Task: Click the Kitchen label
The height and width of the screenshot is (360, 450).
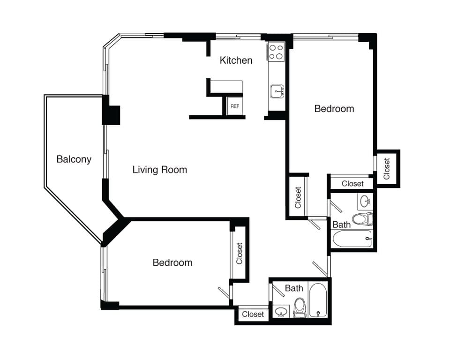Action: tap(236, 60)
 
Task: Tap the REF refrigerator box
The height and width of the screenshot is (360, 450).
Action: tap(235, 106)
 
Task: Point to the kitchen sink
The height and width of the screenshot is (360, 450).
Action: tap(277, 91)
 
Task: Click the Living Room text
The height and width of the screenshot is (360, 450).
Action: tap(159, 170)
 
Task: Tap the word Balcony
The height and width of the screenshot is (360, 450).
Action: tap(74, 159)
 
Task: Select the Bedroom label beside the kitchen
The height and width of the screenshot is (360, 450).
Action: tap(334, 109)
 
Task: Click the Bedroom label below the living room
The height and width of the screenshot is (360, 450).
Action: tap(172, 262)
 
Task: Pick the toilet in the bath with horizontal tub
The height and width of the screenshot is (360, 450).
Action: tap(362, 219)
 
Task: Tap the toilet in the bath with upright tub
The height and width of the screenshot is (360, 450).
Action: tap(300, 309)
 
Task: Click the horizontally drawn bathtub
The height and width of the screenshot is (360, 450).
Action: tap(352, 239)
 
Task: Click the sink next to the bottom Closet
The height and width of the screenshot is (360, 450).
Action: tap(281, 311)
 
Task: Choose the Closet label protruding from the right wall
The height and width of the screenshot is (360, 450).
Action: tap(387, 169)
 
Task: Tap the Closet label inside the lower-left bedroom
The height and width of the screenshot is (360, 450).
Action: tap(240, 253)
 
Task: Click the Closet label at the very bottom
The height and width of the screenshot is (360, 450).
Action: tap(253, 315)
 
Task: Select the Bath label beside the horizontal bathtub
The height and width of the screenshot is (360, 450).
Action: tap(341, 225)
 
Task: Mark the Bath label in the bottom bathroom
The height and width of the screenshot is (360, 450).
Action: tap(294, 288)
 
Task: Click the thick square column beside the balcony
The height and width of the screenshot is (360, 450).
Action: tap(112, 115)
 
